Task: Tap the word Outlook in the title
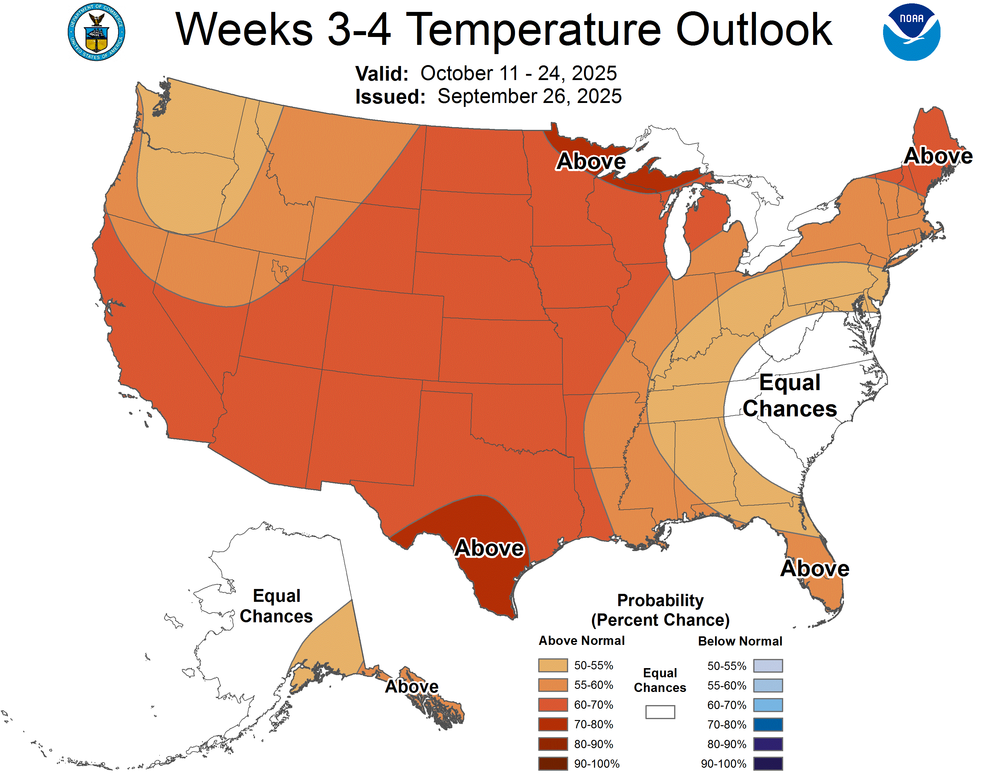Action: tap(753, 30)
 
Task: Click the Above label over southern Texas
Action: tap(489, 548)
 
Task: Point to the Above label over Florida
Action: tap(815, 568)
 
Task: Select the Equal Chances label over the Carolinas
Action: tap(790, 396)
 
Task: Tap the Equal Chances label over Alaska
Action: tap(276, 606)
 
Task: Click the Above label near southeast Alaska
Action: tap(412, 686)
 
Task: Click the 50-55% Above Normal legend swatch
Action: tap(553, 665)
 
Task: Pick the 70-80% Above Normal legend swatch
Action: tap(553, 724)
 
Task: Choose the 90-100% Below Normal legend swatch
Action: tap(768, 763)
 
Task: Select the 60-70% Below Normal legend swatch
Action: tap(768, 705)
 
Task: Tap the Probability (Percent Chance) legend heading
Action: tap(660, 610)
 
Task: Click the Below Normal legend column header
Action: tap(740, 641)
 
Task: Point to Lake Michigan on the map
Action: tap(676, 240)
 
